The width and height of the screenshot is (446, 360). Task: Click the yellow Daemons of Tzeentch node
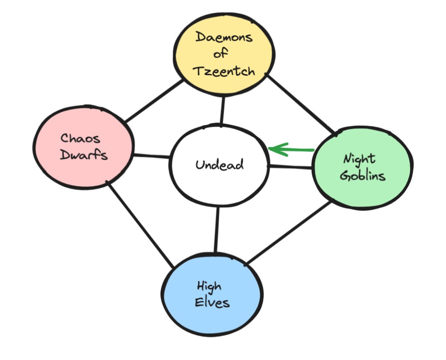224,55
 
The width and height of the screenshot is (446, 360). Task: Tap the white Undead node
219,165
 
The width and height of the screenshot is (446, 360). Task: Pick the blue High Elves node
213,295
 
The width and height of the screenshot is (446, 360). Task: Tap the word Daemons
224,37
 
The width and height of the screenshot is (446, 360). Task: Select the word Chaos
80,139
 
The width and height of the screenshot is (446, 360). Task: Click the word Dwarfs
84,154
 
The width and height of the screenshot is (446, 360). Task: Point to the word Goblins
363,176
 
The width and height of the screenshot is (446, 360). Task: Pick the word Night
359,159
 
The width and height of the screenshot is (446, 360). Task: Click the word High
209,287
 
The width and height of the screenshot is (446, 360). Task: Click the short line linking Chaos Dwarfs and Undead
151,156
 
